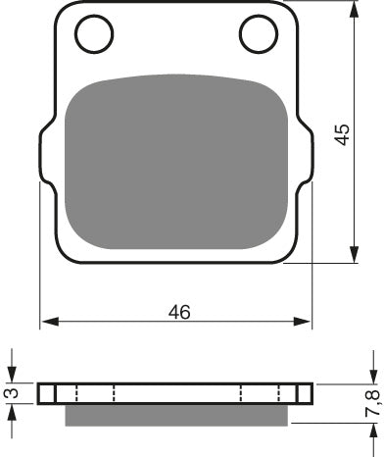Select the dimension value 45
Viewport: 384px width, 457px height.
(341, 134)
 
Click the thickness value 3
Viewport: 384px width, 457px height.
(9, 393)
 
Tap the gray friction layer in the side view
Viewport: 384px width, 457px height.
(176, 416)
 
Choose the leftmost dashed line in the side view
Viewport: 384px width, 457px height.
(56, 393)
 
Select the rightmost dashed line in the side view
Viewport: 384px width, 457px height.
(297, 393)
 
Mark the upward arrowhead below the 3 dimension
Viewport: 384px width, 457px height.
(11, 411)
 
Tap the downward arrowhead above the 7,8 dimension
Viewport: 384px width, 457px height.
(373, 376)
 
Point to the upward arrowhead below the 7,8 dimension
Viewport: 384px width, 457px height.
(373, 434)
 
